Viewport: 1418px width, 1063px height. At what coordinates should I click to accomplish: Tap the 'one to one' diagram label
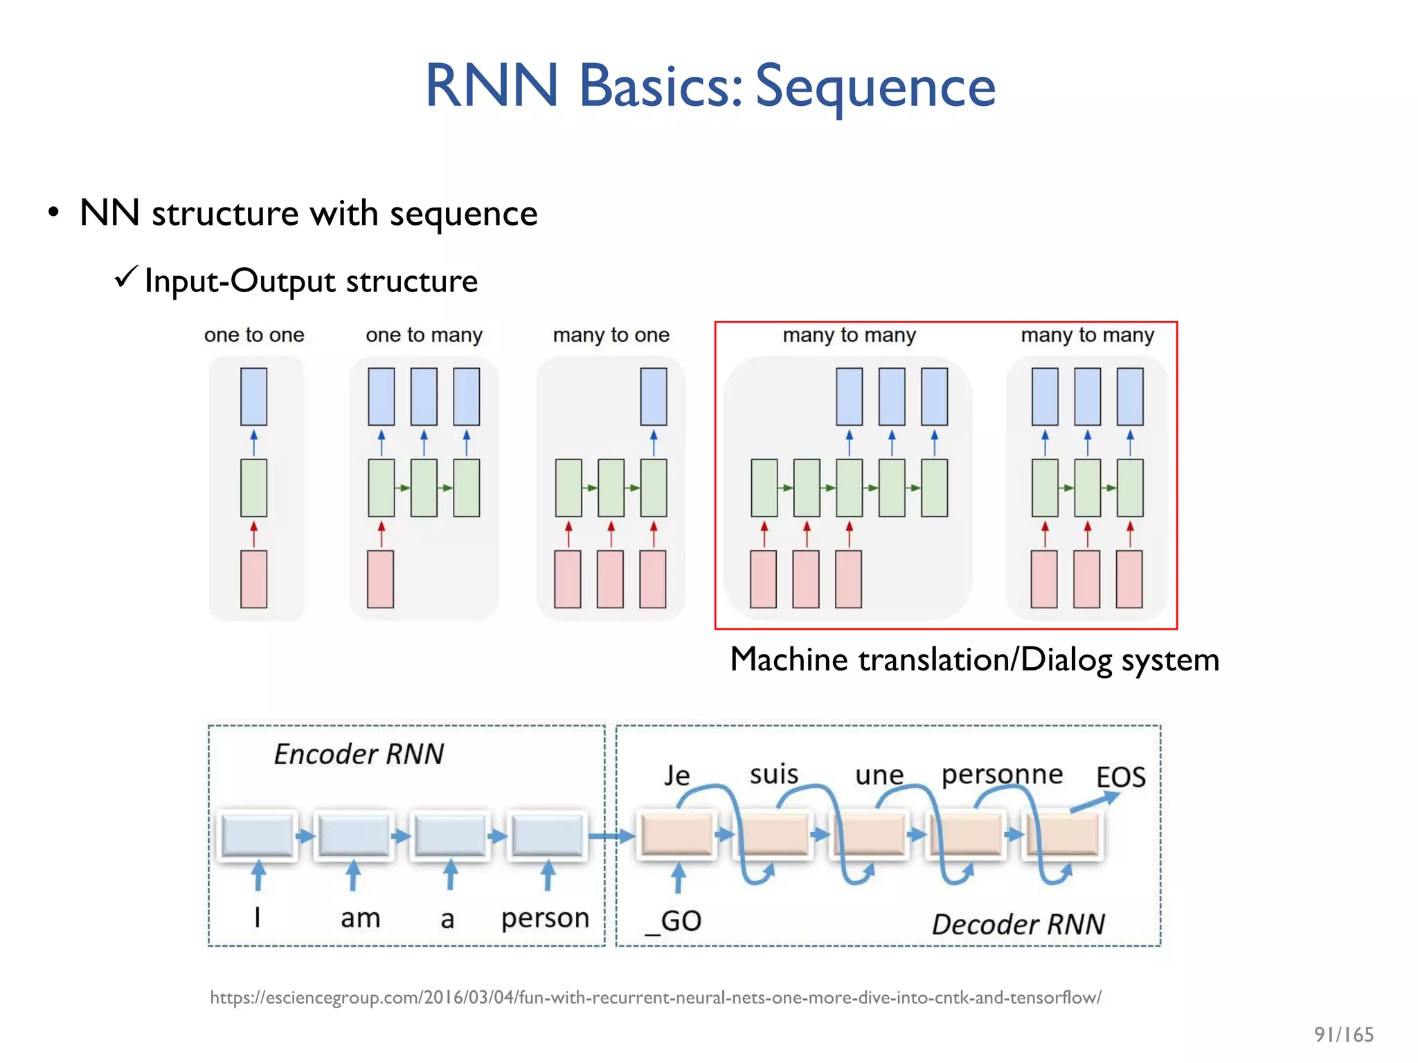254,335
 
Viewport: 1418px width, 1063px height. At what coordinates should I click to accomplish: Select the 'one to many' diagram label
424,335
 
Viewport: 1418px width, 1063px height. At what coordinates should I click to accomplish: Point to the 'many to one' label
611,335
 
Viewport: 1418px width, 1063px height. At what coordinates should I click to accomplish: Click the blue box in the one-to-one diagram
253,397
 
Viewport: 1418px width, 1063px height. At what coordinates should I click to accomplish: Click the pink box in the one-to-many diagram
380,579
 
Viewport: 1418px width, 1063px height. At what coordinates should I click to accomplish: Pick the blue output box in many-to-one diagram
653,397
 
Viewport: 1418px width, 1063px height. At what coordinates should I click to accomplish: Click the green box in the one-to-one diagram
253,488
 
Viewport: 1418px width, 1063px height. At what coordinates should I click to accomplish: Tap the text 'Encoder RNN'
359,754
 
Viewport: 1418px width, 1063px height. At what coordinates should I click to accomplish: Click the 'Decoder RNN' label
1018,924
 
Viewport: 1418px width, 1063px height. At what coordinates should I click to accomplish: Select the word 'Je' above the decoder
676,775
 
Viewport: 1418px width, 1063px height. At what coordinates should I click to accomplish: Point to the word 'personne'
1002,774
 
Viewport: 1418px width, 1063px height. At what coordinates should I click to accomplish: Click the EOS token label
1120,777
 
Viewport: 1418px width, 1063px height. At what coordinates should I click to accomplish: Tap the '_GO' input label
673,921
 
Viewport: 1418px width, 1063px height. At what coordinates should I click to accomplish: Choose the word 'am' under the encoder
360,918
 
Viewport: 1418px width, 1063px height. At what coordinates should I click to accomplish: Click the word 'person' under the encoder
545,918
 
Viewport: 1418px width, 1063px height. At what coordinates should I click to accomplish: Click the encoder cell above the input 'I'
257,835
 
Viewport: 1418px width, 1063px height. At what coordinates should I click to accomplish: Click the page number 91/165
1343,1035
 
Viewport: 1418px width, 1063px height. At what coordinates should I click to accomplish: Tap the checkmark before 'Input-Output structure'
126,278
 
